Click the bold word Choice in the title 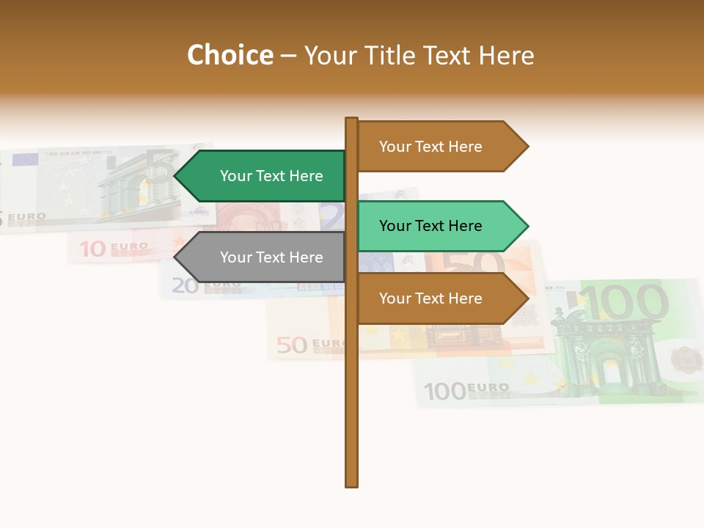(x=230, y=55)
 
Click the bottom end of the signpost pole (x=352, y=483)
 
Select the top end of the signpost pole (x=352, y=120)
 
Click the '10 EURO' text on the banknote (x=112, y=249)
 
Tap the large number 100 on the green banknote (x=628, y=303)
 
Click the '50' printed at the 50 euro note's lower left (x=292, y=344)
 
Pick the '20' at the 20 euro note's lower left (x=186, y=285)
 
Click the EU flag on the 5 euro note (x=25, y=159)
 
